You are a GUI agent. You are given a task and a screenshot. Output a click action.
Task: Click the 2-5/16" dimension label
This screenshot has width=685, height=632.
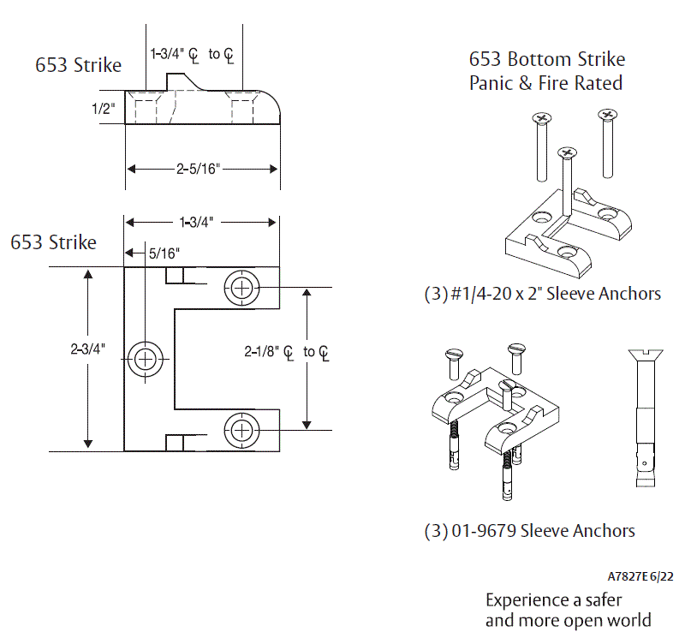[199, 169]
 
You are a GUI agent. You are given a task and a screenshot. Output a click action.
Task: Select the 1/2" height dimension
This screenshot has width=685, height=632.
[103, 109]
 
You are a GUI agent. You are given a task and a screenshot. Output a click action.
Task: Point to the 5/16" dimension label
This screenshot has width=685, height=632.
[164, 253]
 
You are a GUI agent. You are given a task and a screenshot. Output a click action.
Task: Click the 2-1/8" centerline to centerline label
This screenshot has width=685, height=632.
[289, 351]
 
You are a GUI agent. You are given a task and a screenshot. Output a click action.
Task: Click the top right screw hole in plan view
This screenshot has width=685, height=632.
[242, 288]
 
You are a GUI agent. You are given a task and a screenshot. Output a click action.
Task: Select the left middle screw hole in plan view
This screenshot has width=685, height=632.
[146, 357]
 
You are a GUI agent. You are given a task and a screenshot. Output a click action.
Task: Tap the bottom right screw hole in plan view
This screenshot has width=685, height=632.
[242, 429]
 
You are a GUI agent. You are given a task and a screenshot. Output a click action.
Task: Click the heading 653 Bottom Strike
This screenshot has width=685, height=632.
[546, 60]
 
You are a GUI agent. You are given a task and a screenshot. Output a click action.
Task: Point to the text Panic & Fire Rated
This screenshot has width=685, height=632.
[545, 83]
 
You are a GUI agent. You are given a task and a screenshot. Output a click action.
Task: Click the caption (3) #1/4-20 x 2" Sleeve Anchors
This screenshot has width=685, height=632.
[542, 294]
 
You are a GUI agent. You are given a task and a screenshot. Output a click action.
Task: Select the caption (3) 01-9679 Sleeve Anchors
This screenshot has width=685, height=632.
[529, 531]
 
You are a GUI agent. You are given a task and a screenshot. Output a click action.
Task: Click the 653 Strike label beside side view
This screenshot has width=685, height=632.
[78, 65]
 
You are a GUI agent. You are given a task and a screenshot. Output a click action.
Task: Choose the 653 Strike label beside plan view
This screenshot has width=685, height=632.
[53, 242]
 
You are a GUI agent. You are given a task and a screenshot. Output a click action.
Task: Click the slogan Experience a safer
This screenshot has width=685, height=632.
[553, 599]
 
